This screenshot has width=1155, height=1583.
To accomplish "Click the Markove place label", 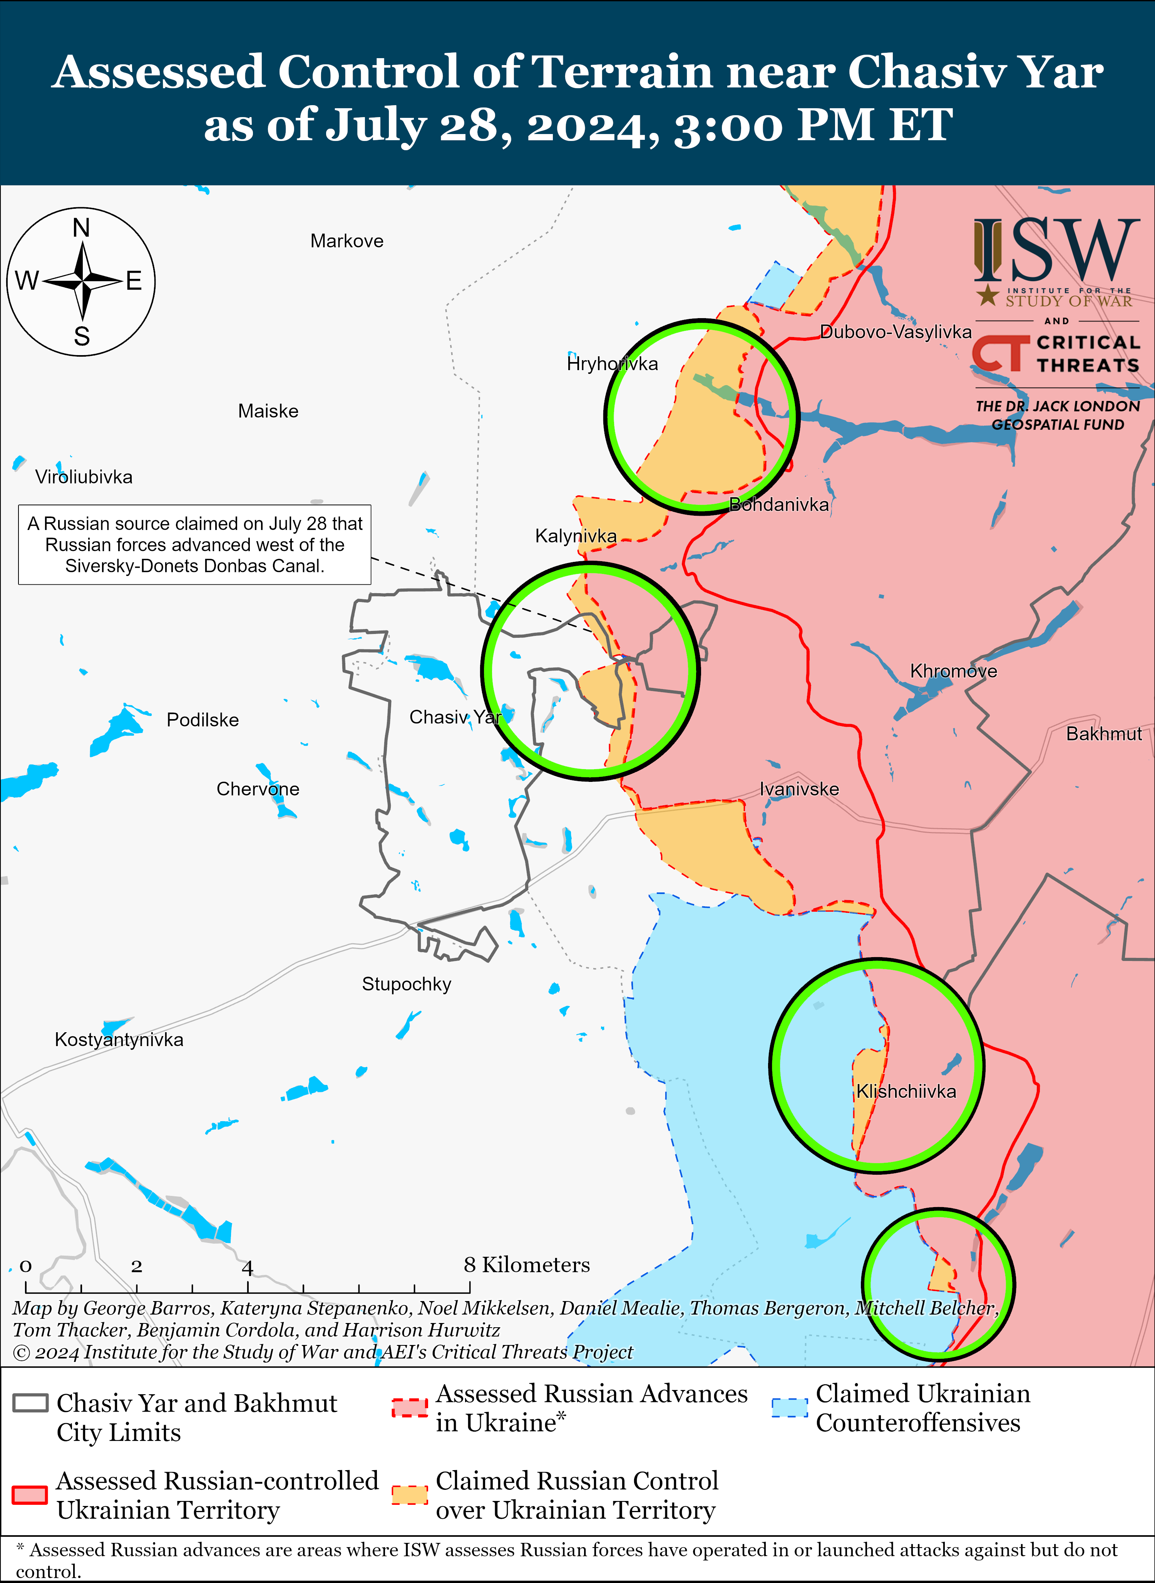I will (x=347, y=241).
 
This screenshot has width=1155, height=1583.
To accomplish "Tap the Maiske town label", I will (x=268, y=411).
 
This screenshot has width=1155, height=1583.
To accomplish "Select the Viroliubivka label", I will (x=84, y=477).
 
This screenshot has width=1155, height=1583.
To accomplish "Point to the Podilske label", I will (x=203, y=720).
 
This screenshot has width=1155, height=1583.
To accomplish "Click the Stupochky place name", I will (x=406, y=984).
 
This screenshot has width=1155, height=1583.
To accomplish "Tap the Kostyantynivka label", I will (x=119, y=1040).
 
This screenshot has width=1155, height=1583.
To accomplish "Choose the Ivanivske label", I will (x=799, y=789).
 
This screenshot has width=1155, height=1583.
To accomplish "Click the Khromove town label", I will (x=953, y=671).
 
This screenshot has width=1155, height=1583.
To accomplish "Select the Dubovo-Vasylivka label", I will (x=896, y=332).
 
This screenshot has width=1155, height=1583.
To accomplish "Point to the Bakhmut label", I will (x=1103, y=734).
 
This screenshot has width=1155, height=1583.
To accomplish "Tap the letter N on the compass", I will (x=82, y=228).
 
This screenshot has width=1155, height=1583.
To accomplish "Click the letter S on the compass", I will (x=82, y=337).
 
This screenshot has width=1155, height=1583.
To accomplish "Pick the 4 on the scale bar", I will (x=248, y=1267).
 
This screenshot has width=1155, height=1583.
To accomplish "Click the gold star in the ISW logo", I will (x=987, y=295).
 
